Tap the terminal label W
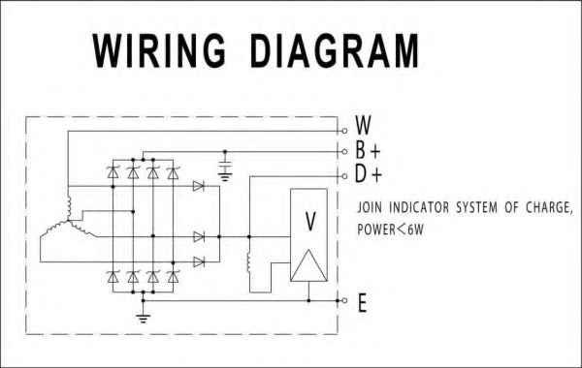pyautogui.click(x=364, y=125)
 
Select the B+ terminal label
pyautogui.click(x=367, y=151)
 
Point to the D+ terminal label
pyautogui.click(x=367, y=176)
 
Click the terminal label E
pyautogui.click(x=362, y=303)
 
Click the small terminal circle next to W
pyautogui.click(x=343, y=130)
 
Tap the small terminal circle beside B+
pyautogui.click(x=343, y=152)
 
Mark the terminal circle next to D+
pyautogui.click(x=343, y=176)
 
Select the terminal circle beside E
pyautogui.click(x=343, y=300)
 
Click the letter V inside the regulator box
pyautogui.click(x=310, y=222)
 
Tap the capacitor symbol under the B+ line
pyautogui.click(x=226, y=171)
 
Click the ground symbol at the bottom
pyautogui.click(x=144, y=317)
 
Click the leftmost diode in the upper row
pyautogui.click(x=112, y=173)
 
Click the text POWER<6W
pyautogui.click(x=393, y=230)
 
